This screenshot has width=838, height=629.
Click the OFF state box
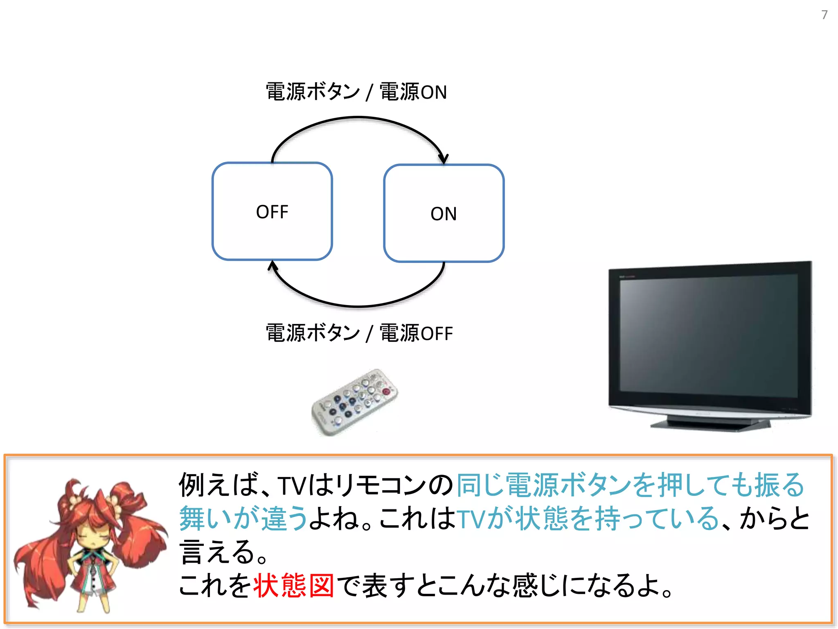(272, 211)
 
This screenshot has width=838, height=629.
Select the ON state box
(444, 213)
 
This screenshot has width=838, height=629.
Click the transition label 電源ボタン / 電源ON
(356, 92)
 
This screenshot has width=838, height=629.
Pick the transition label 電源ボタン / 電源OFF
(359, 333)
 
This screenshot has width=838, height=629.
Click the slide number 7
(824, 15)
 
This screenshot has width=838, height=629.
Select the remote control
(354, 402)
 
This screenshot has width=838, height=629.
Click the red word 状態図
(293, 586)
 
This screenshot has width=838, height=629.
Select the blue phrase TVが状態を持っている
(588, 518)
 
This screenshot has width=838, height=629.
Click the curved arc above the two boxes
(358, 119)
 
